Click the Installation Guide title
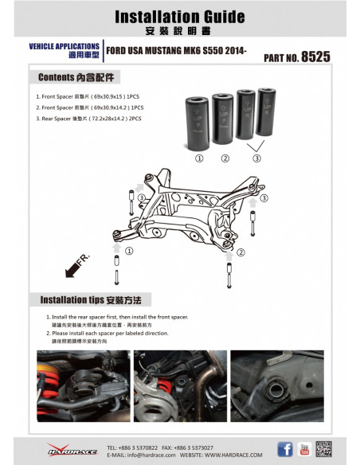point(179,16)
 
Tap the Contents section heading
point(76,79)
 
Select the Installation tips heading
point(90,300)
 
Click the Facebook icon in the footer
point(284,448)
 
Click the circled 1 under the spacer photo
point(199,158)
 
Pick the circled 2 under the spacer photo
point(225,158)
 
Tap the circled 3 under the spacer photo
point(256,158)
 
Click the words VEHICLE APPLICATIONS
point(65,46)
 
